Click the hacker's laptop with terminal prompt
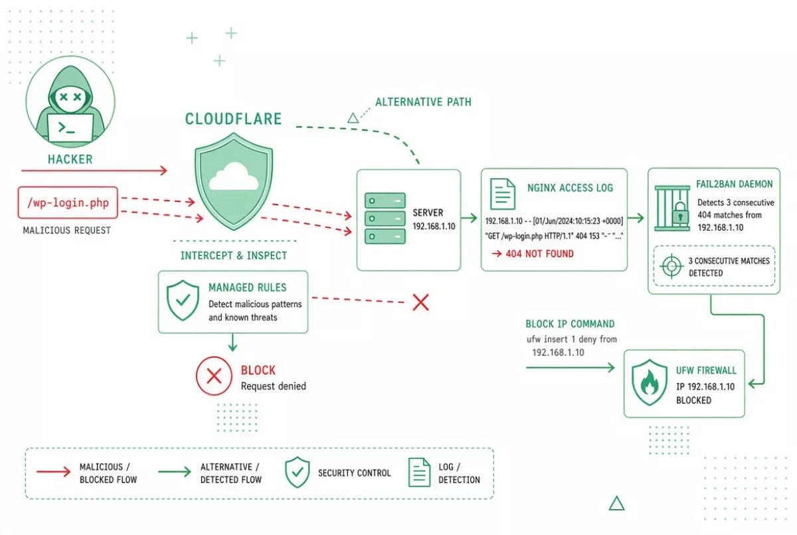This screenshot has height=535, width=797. click(x=70, y=128)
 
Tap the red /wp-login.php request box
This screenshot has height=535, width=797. click(x=68, y=203)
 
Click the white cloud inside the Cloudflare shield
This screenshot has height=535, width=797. click(x=234, y=177)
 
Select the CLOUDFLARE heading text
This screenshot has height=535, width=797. click(x=233, y=119)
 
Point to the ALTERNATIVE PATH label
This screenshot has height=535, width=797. click(x=423, y=102)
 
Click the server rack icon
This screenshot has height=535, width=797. click(x=385, y=218)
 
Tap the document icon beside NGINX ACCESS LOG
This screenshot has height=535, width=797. click(x=502, y=194)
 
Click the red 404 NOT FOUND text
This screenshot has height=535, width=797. click(x=539, y=254)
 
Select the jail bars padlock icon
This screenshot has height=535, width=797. click(x=672, y=208)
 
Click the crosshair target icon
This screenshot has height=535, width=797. click(x=671, y=266)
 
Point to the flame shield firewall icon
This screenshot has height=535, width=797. click(x=650, y=383)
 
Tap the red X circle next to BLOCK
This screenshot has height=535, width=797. click(x=214, y=376)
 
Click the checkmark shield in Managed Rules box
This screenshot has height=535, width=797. click(x=183, y=300)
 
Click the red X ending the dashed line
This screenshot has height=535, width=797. click(x=420, y=302)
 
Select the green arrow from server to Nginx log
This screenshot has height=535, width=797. click(x=469, y=218)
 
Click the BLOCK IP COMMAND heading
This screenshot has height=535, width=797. click(x=570, y=324)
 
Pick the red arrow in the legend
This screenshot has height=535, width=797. click(x=53, y=472)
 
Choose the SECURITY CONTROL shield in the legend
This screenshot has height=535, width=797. click(x=297, y=472)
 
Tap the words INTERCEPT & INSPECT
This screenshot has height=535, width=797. click(x=233, y=256)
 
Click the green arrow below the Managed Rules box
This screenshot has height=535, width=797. click(x=232, y=342)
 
